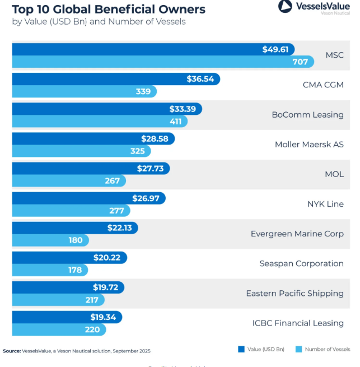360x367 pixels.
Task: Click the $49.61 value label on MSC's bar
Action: (x=275, y=49)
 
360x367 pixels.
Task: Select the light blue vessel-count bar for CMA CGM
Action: (x=84, y=91)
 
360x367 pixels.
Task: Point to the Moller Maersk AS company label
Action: (x=309, y=144)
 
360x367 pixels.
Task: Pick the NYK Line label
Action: (x=325, y=204)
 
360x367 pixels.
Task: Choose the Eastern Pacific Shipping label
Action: (x=294, y=293)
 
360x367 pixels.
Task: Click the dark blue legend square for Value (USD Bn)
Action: (x=241, y=349)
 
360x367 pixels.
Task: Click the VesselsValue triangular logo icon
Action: (x=285, y=7)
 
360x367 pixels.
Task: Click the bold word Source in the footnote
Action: (x=12, y=351)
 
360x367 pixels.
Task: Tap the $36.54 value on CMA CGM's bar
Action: (x=200, y=79)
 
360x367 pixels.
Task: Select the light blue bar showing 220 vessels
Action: (x=50, y=329)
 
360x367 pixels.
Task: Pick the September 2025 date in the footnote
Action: (x=132, y=351)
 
